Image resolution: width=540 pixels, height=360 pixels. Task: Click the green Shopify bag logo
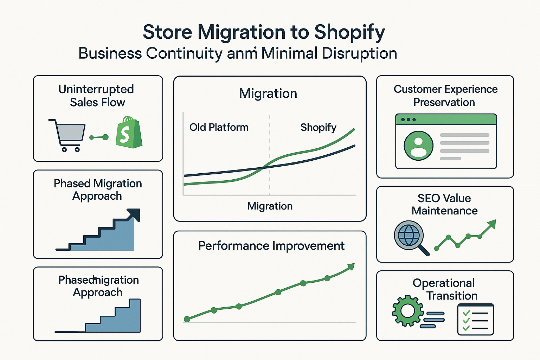point(129,133)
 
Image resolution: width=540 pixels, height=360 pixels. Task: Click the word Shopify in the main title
point(349,32)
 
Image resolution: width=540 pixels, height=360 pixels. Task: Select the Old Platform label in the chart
point(219,127)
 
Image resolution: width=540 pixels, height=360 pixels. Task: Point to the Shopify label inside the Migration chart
point(318,127)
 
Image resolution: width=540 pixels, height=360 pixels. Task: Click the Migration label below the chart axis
point(270,206)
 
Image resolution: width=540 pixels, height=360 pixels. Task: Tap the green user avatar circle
point(418,146)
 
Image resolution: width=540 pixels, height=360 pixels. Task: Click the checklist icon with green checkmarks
point(476,320)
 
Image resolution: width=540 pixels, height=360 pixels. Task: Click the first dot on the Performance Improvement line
point(187,319)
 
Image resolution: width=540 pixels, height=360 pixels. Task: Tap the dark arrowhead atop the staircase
point(134,214)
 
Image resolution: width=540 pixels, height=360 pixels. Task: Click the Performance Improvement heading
point(271,246)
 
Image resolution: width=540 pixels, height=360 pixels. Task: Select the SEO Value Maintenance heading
point(444,204)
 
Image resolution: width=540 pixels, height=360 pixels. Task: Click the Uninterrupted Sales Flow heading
point(97,96)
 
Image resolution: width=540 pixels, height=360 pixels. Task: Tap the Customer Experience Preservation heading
point(445,96)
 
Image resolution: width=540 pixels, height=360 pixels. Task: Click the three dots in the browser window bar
point(409,120)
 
